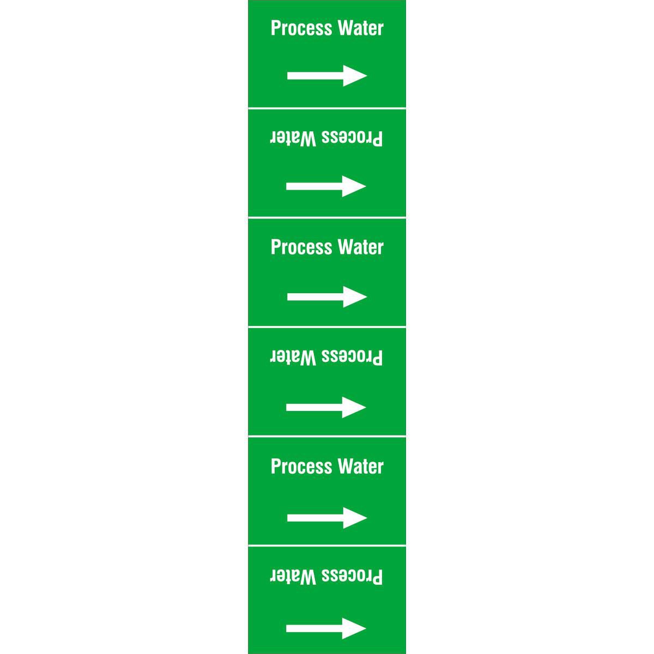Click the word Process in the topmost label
pos(301,28)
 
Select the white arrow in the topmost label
pos(327,76)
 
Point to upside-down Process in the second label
pos(352,138)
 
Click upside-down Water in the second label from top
pos(293,138)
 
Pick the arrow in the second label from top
pos(326,186)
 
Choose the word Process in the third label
pos(301,247)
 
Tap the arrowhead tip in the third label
pos(367,296)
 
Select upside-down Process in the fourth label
pos(352,358)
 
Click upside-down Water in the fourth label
pos(293,358)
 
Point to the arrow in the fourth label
pos(326,407)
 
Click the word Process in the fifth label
pos(301,467)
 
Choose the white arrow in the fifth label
pos(327,518)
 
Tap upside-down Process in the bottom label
pos(352,577)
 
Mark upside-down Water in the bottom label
pos(293,577)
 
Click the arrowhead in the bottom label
pos(354,628)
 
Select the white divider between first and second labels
pos(327,108)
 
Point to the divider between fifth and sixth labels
pos(327,546)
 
